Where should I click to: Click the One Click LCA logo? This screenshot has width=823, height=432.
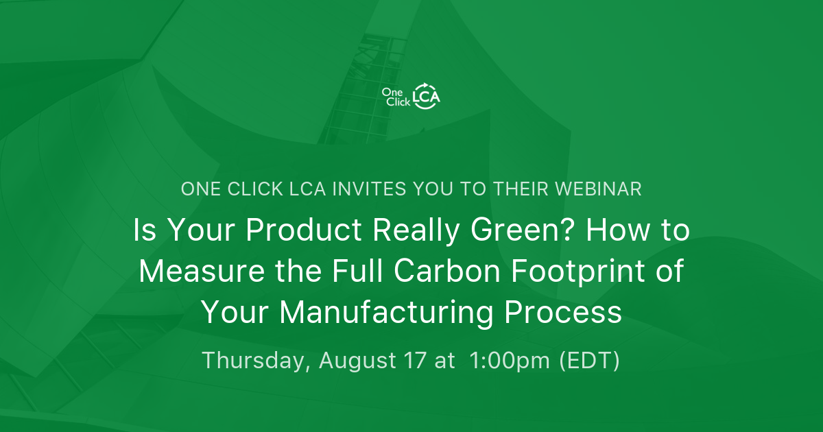coord(411,96)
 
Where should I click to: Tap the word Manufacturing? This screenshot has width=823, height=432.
coord(386,312)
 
